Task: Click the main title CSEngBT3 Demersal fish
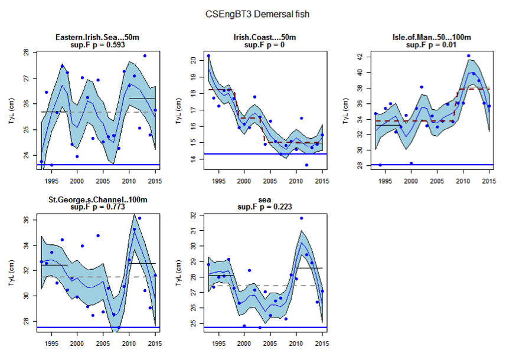[257, 14]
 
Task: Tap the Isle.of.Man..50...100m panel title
[433, 38]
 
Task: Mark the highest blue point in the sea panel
[302, 218]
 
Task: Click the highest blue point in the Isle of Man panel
[469, 56]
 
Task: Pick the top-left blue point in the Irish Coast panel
[208, 56]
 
